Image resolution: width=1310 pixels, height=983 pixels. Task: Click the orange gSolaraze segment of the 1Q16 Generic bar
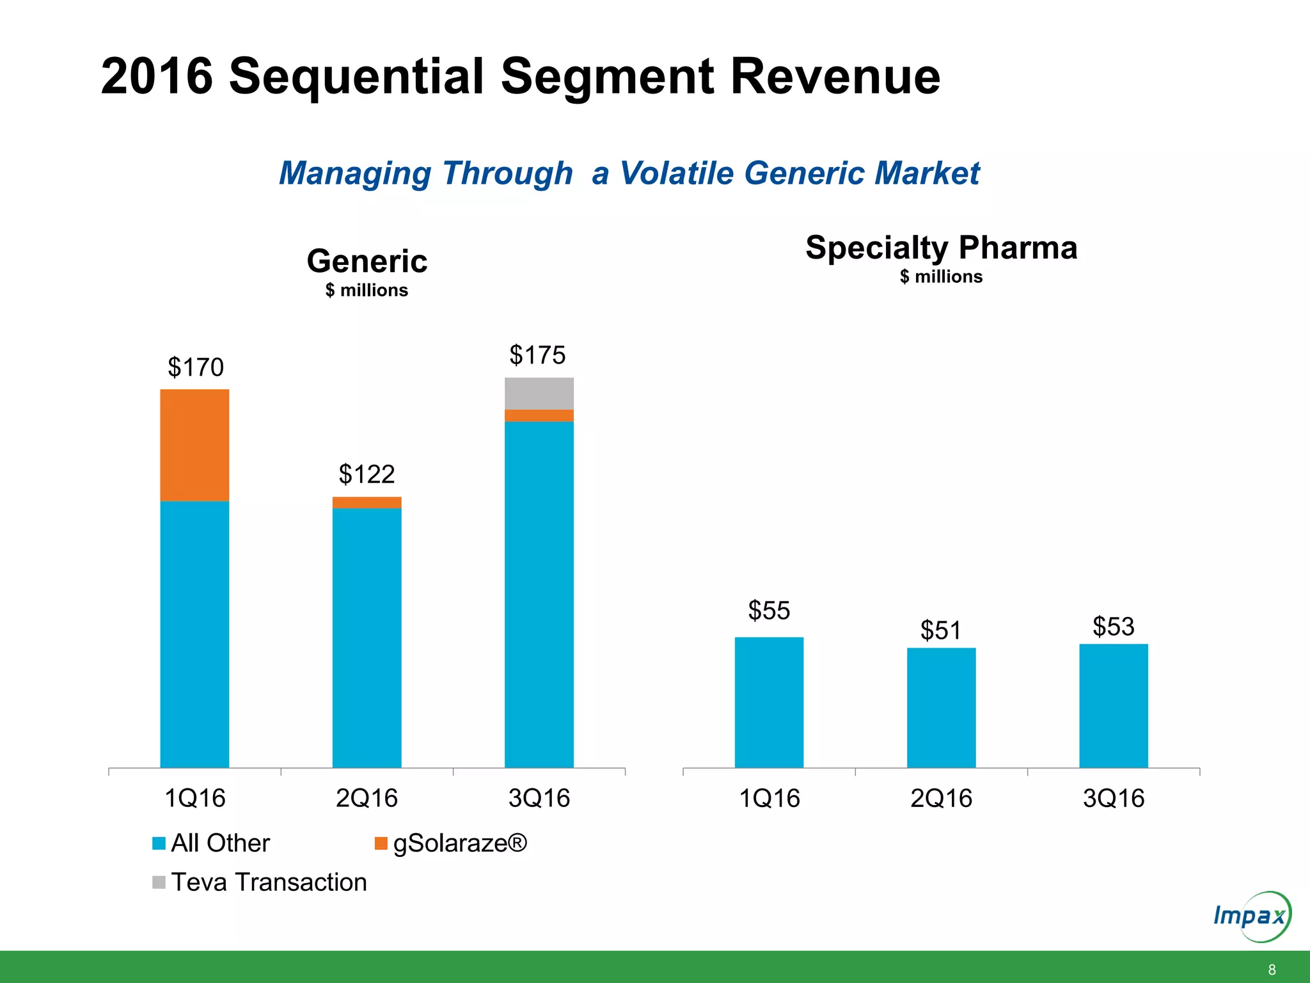coord(194,445)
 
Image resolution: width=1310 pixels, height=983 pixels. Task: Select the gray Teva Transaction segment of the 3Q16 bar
coord(539,394)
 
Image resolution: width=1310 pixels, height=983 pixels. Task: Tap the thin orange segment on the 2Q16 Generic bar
coord(367,502)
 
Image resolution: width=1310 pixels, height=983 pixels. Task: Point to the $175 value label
coord(537,355)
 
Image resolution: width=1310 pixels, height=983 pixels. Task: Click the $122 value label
coord(367,474)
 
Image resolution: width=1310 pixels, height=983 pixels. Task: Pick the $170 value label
coord(195,367)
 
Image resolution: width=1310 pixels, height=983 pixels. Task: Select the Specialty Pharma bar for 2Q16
coord(941,707)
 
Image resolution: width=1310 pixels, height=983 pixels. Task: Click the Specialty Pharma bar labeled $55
coord(769,702)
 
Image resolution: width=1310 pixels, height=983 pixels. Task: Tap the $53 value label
coord(1113,627)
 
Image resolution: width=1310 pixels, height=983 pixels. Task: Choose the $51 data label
coord(940,630)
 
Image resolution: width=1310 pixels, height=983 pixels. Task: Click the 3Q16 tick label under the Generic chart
coord(539,798)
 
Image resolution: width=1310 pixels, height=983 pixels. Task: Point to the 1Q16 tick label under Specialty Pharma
coord(769,798)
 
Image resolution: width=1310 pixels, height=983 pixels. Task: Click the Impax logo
coord(1252,916)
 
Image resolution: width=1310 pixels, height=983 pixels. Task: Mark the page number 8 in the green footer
coord(1272,970)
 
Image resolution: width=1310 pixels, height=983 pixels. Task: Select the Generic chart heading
coord(367,261)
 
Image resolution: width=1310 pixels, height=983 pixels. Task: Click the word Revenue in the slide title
coord(835,76)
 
